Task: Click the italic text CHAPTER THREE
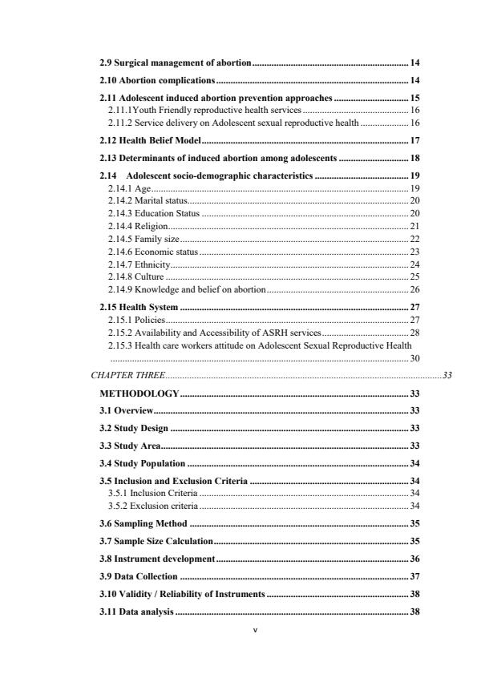click(127, 374)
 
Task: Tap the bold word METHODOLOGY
click(139, 394)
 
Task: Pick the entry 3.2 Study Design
click(133, 428)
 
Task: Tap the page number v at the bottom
click(255, 652)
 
